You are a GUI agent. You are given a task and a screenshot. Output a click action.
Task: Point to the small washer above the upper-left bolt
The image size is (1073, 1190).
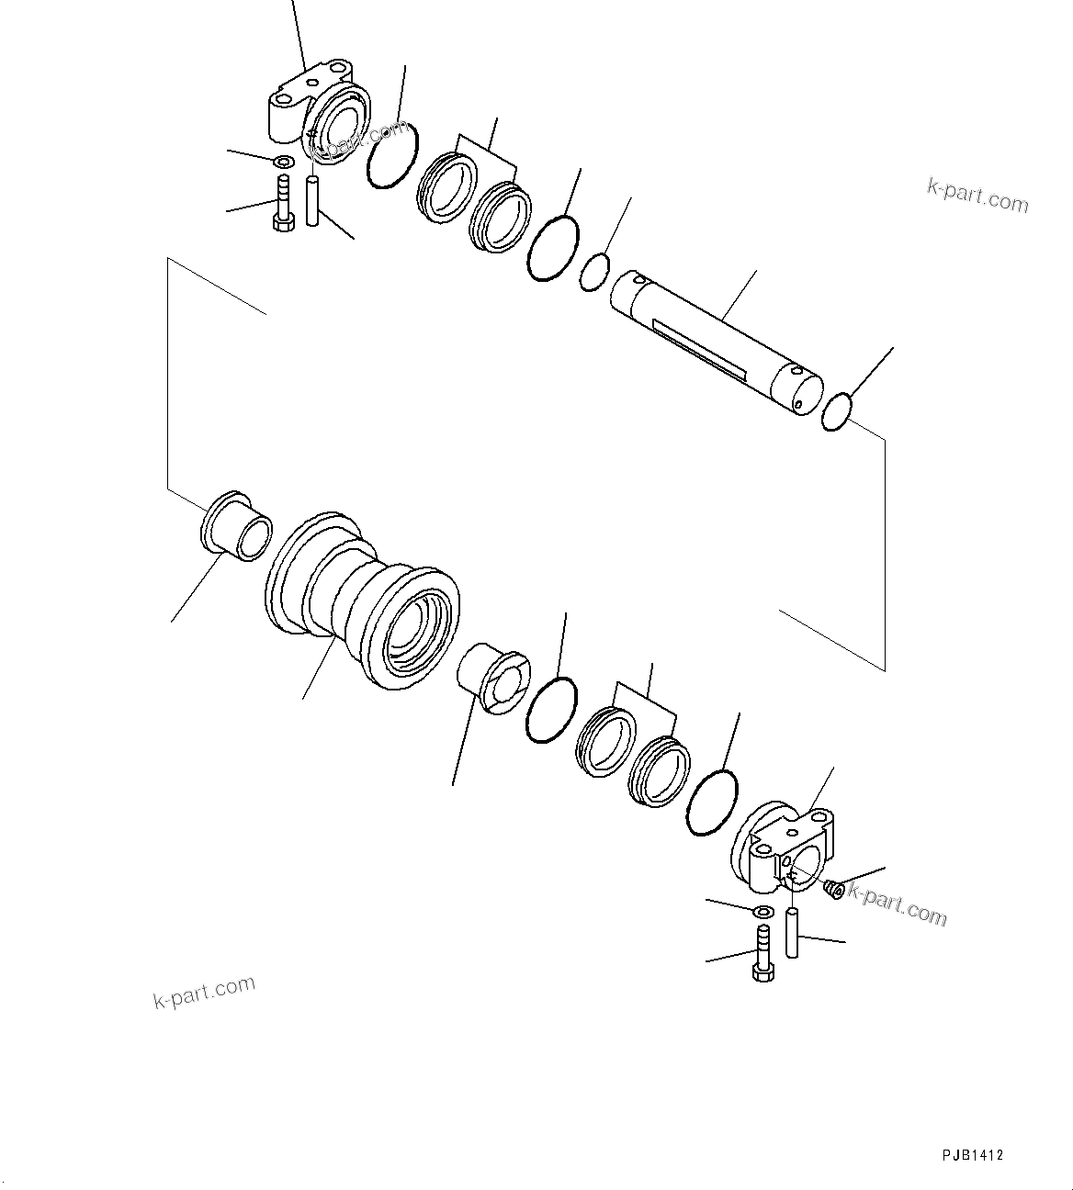(284, 163)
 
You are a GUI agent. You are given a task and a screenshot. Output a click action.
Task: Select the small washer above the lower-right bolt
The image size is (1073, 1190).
(762, 912)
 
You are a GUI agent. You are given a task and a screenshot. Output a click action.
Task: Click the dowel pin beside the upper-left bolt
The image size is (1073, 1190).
(312, 203)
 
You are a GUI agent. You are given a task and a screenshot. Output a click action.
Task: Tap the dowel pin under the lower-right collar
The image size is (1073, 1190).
(792, 933)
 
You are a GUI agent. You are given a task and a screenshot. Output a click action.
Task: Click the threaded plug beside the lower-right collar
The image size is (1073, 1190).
(833, 889)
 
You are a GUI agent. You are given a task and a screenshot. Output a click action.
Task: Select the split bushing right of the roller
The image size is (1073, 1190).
(493, 678)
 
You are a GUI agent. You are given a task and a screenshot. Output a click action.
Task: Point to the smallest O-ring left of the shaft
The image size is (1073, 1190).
(595, 272)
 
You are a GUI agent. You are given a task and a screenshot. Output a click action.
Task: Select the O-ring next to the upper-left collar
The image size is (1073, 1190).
(392, 156)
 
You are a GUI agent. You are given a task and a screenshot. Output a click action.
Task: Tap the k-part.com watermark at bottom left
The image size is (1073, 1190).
(204, 992)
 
